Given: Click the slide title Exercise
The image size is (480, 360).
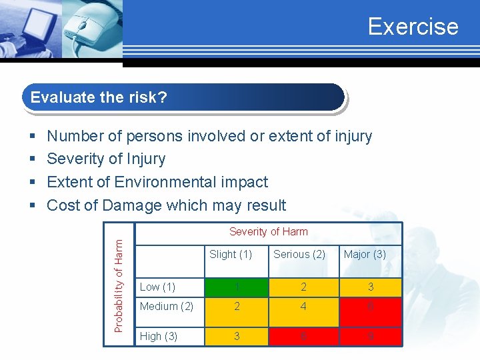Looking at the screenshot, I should pyautogui.click(x=413, y=26).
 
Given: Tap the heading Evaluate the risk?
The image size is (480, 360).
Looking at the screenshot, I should pyautogui.click(x=99, y=97).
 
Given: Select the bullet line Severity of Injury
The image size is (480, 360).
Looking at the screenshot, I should pyautogui.click(x=106, y=159).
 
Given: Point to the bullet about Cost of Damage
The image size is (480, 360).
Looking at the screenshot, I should pyautogui.click(x=166, y=205).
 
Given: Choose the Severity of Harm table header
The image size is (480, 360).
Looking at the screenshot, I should pyautogui.click(x=269, y=232).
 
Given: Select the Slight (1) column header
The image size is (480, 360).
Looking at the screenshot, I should pyautogui.click(x=231, y=254).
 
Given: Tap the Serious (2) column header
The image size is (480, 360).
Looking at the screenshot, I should pyautogui.click(x=299, y=254).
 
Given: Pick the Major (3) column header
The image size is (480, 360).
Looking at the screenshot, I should pyautogui.click(x=365, y=254).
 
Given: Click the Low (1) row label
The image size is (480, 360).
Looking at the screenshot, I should pyautogui.click(x=158, y=287).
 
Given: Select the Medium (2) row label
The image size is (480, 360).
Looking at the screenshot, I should pyautogui.click(x=167, y=307).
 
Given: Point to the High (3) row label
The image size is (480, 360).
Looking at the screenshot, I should pyautogui.click(x=159, y=336).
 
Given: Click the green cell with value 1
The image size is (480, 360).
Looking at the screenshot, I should pyautogui.click(x=236, y=287).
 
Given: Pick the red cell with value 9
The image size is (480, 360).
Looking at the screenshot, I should pyautogui.click(x=371, y=337).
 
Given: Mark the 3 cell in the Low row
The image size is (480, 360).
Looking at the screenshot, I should pyautogui.click(x=371, y=287).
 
